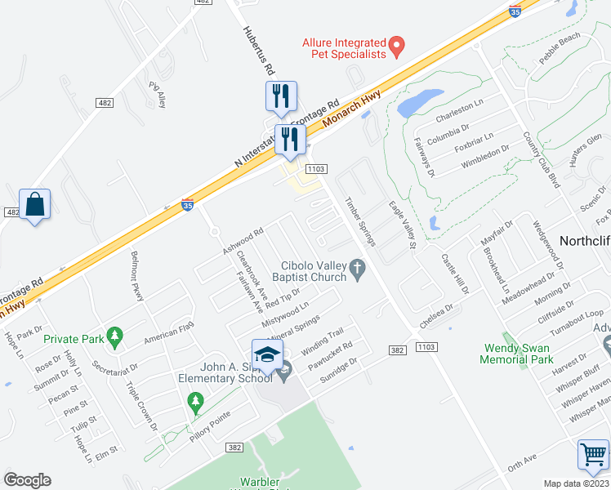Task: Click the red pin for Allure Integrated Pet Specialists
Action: [x=397, y=46]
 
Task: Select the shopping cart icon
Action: [x=593, y=454]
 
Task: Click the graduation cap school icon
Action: [x=267, y=354]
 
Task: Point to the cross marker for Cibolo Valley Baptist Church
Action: [x=357, y=268]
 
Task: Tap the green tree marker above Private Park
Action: [x=115, y=336]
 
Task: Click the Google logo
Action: [x=27, y=479]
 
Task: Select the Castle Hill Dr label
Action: [x=455, y=274]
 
